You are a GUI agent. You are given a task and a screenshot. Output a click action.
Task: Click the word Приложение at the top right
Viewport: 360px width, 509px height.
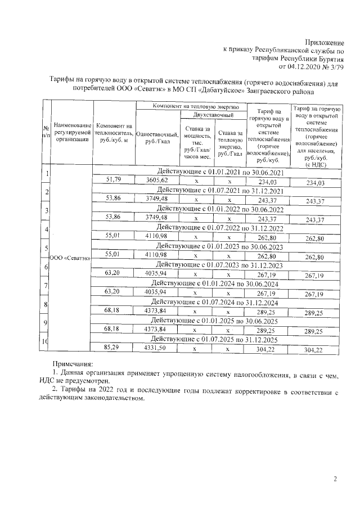325,43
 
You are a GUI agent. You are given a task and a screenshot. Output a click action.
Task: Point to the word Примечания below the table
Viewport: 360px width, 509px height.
73,364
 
